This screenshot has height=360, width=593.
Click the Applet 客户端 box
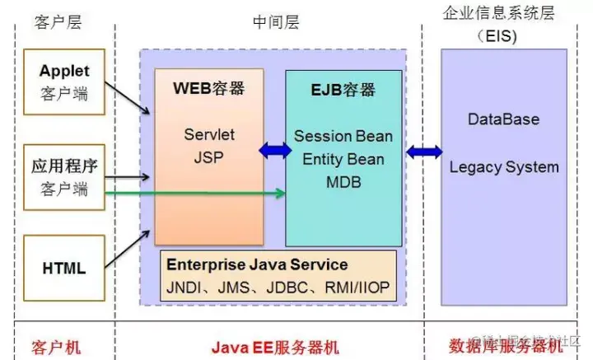64,82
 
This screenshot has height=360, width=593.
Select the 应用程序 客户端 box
64,177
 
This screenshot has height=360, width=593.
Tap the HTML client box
64,267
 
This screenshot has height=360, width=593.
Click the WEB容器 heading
208,88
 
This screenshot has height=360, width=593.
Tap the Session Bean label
343,136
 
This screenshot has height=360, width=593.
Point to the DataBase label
503,119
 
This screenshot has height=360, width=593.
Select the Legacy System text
503,167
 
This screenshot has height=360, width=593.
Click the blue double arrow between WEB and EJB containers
274,151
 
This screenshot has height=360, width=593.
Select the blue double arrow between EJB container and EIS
423,151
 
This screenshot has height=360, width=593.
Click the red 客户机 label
56,346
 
